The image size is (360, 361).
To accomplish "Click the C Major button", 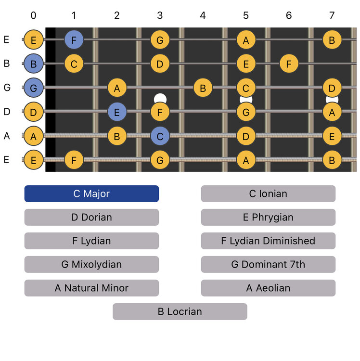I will (x=91, y=193).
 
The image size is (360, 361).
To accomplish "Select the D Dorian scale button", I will (x=91, y=217).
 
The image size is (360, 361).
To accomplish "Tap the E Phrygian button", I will (x=268, y=217).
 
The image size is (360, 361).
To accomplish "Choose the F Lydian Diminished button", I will (x=268, y=241).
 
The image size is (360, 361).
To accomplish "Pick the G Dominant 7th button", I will (x=268, y=264).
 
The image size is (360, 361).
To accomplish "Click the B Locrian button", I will (x=180, y=311).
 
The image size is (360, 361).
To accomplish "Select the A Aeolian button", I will (x=268, y=288).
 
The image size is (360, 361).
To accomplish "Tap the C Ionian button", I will (x=268, y=193).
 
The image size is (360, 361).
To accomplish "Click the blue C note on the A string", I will (x=160, y=136).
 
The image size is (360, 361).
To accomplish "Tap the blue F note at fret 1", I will (x=74, y=39).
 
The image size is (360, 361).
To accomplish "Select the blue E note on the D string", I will (x=117, y=112).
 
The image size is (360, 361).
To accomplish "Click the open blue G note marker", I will (x=33, y=88).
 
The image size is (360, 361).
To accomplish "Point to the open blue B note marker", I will (x=33, y=64).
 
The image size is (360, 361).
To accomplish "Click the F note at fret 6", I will (x=289, y=64).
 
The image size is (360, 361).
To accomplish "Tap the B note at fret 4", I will (x=203, y=88).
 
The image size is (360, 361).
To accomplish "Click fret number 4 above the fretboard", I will (x=203, y=16).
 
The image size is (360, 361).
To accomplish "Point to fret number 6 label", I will (x=289, y=16).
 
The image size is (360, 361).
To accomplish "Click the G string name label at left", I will (x=6, y=88).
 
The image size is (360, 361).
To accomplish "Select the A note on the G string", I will (x=117, y=88).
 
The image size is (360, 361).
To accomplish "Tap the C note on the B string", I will (x=74, y=64).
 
